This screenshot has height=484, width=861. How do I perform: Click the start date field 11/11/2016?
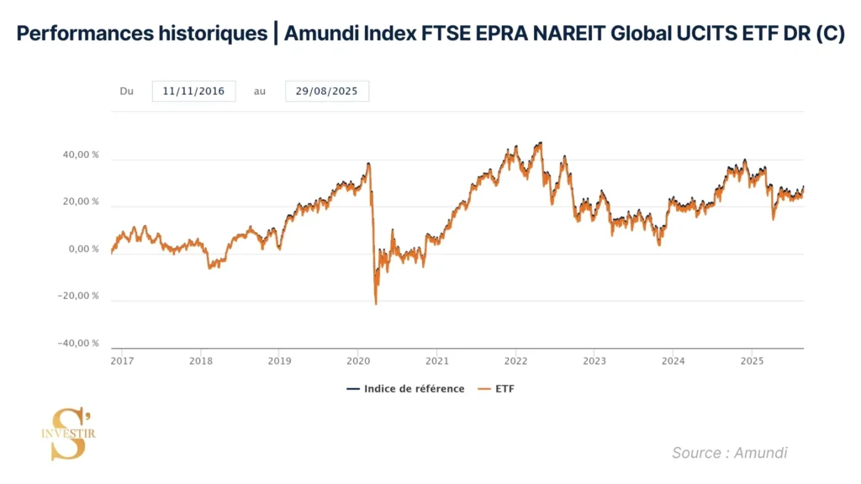point(193,92)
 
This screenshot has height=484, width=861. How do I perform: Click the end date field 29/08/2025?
point(327,92)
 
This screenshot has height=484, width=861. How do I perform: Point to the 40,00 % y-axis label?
point(82,155)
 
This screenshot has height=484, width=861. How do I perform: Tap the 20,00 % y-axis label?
point(82,202)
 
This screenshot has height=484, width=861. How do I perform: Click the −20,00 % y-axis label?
point(79,296)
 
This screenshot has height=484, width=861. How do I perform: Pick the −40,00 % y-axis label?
point(79,343)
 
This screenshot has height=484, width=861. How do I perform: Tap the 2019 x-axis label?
point(279,360)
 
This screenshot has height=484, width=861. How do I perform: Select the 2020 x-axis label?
point(358,360)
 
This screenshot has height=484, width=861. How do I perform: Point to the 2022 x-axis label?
point(515,360)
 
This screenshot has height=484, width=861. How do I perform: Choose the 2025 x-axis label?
point(752,360)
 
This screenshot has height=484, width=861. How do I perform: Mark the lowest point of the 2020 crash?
point(376,303)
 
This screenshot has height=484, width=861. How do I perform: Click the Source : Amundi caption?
point(729,453)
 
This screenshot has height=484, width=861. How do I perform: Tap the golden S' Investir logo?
point(68,434)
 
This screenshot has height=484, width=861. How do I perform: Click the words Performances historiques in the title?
point(142,34)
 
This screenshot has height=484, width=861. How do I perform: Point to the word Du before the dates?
point(127,92)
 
